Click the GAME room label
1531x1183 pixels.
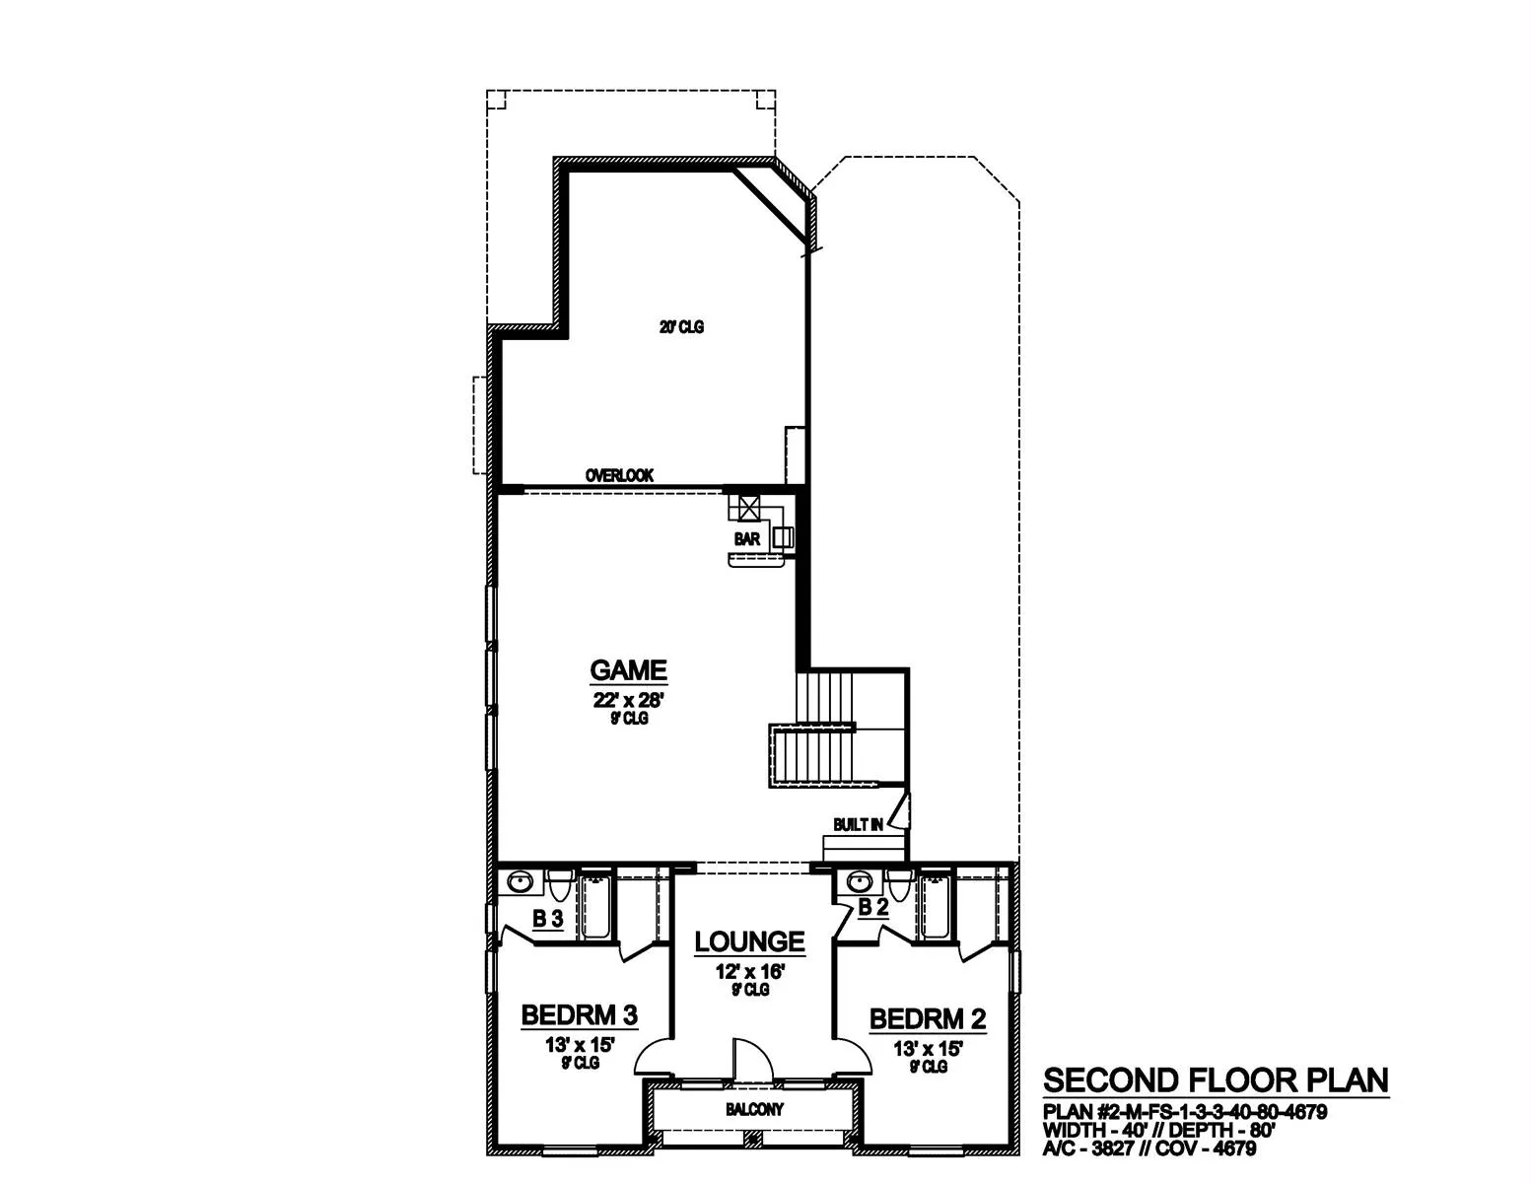[x=628, y=670]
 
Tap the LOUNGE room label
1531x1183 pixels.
[x=749, y=941]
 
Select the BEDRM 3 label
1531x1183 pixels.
[x=579, y=1015]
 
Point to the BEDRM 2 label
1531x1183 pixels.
[x=928, y=1018]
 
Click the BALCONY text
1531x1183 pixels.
[x=754, y=1110]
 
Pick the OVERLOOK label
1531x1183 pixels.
[x=619, y=475]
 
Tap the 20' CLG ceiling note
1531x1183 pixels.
[x=681, y=327]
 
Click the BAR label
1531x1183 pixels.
[x=747, y=539]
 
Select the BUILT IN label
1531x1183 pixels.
[x=858, y=824]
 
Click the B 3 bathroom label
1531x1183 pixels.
[x=547, y=919]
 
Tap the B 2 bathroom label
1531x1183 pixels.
[x=872, y=908]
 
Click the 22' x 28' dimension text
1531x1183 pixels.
[x=628, y=700]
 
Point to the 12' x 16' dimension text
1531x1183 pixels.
[x=749, y=972]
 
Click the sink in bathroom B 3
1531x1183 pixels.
[x=520, y=882]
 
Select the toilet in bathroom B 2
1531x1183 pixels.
[x=898, y=885]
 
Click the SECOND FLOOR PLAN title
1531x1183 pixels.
[x=1217, y=1080]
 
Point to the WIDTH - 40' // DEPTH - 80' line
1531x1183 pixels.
[x=1159, y=1130]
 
